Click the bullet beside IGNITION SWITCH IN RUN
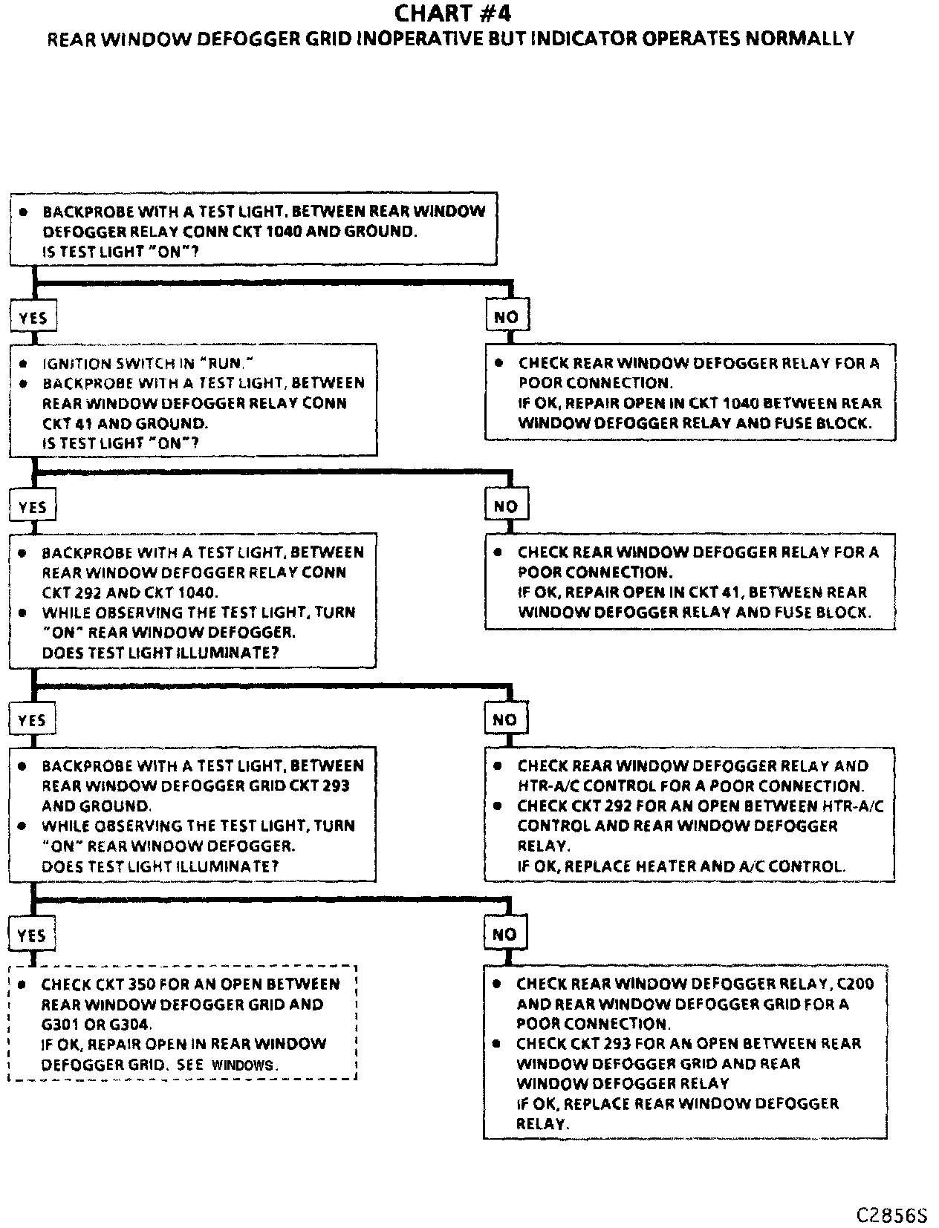pos(23,364)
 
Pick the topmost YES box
pos(33,318)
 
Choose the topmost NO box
pos(506,317)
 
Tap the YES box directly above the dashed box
pos(32,935)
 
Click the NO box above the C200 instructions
pos(504,935)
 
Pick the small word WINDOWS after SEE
pos(243,1065)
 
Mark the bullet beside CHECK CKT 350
pos(22,984)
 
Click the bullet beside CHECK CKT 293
pos(497,1044)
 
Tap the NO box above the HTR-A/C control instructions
pos(504,719)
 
